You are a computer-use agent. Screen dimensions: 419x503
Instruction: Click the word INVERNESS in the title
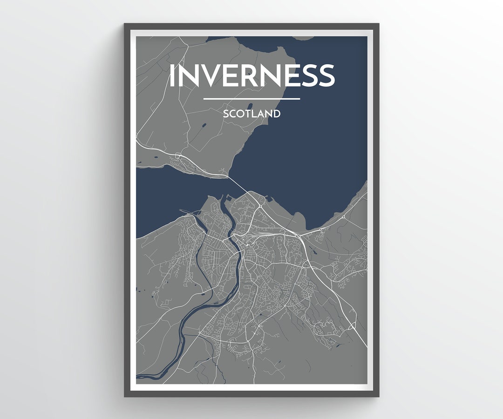[x=251, y=75]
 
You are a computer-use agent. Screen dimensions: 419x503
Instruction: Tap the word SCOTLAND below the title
[x=251, y=114]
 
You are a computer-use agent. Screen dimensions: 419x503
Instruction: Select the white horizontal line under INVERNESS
[x=251, y=99]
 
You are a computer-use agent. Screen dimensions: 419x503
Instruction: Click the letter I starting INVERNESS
[x=172, y=75]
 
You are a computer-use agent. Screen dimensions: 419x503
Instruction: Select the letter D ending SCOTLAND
[x=277, y=114]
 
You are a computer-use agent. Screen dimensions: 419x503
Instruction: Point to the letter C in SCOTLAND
[x=232, y=114]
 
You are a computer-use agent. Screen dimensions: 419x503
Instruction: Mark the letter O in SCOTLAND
[x=241, y=114]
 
